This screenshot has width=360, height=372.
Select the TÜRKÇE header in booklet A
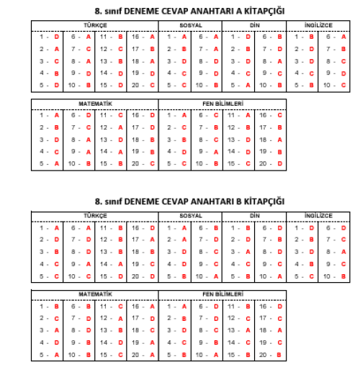[x=94, y=26]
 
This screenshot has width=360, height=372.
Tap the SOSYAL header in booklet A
[x=191, y=26]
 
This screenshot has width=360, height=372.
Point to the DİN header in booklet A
[x=254, y=26]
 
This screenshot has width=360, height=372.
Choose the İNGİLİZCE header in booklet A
[x=318, y=26]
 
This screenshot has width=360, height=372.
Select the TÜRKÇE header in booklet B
[x=94, y=216]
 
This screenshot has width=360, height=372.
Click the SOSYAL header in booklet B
[x=191, y=216]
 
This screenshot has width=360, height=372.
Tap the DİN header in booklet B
[x=254, y=216]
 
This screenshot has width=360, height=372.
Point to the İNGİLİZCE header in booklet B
[x=318, y=216]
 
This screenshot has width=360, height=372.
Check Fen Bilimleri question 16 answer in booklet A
[x=279, y=115]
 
